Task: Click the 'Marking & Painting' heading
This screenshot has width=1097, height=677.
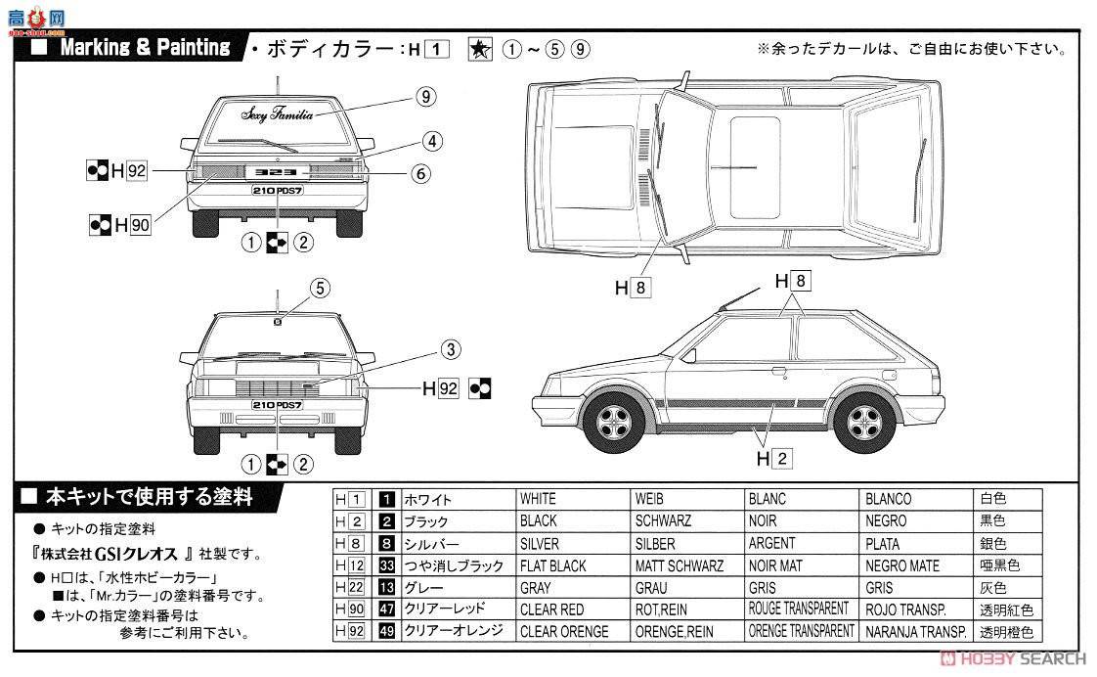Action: (145, 48)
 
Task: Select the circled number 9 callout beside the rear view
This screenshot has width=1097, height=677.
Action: (423, 96)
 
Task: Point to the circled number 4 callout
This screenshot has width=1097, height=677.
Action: (432, 140)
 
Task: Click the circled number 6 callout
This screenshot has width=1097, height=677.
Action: (420, 173)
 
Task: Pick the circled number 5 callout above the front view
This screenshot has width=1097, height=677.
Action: (320, 288)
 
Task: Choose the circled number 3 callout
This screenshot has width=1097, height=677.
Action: (449, 349)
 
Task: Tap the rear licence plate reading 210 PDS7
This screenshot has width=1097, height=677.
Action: (278, 192)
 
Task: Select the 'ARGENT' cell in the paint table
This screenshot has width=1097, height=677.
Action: (772, 544)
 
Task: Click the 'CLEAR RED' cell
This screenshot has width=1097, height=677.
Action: (552, 610)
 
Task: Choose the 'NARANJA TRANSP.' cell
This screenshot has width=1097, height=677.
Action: (915, 632)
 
